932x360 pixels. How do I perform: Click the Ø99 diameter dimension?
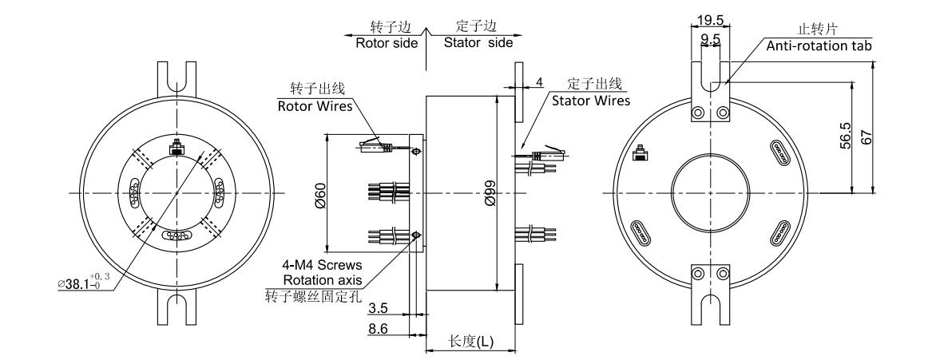489,192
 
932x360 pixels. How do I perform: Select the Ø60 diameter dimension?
319,192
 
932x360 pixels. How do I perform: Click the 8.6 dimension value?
384,327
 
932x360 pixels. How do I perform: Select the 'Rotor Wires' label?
315,105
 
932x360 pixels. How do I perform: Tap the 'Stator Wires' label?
590,101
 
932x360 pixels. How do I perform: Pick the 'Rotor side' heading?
387,43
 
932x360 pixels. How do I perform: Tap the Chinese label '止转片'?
811,30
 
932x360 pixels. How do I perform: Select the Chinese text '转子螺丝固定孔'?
314,295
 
